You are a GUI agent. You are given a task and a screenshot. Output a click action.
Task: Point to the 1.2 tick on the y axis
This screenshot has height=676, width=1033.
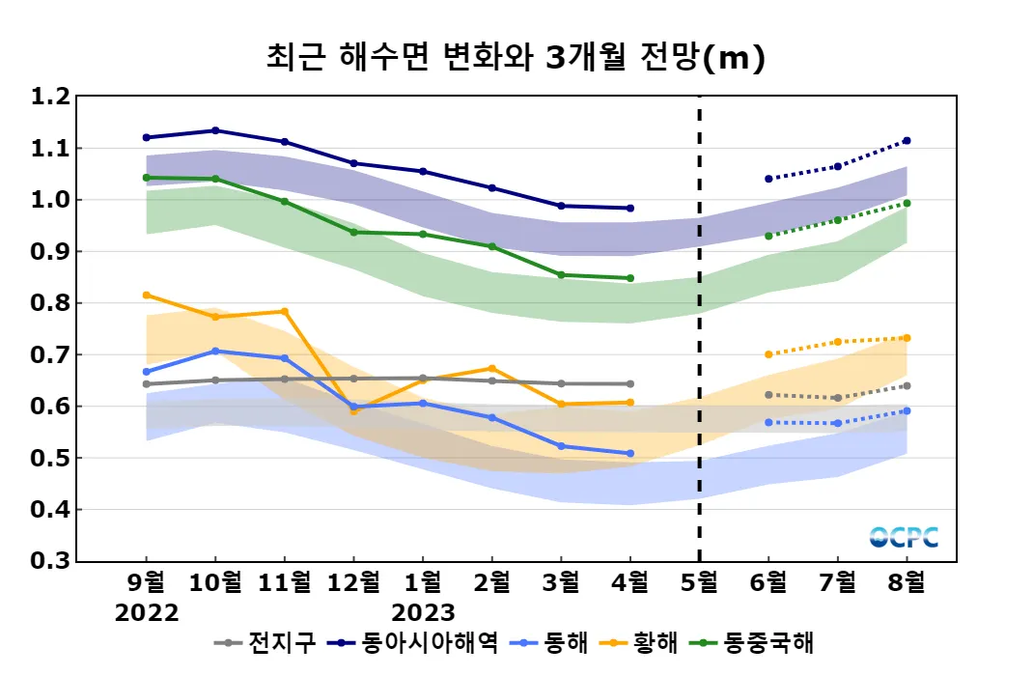pos(50,97)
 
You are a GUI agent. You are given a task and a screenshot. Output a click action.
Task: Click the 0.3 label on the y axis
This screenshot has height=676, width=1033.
pos(50,561)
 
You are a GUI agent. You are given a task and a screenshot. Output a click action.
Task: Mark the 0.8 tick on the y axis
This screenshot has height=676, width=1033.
pos(50,303)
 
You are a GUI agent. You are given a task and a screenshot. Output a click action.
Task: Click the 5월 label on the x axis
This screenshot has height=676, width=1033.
pos(699,583)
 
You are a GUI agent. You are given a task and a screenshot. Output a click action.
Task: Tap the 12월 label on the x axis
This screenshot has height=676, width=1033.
pos(353,583)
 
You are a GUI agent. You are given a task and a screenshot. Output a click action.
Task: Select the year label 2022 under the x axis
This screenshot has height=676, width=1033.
pos(147,613)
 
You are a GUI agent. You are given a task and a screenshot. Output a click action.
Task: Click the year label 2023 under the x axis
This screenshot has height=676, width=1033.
pos(423,613)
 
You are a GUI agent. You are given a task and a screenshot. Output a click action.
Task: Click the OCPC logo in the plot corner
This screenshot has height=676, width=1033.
pos(904,537)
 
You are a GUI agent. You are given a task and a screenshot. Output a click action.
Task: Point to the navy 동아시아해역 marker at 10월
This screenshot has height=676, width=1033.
pos(215,130)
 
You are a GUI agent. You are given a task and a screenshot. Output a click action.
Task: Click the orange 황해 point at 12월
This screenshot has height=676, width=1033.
pos(353,411)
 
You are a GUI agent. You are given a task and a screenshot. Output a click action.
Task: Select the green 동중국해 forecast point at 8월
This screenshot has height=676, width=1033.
pos(907,203)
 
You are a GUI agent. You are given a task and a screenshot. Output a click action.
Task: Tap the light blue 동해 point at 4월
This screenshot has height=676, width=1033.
pos(630,453)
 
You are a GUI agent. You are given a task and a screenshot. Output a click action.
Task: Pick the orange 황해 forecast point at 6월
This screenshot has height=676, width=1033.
pos(768,354)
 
